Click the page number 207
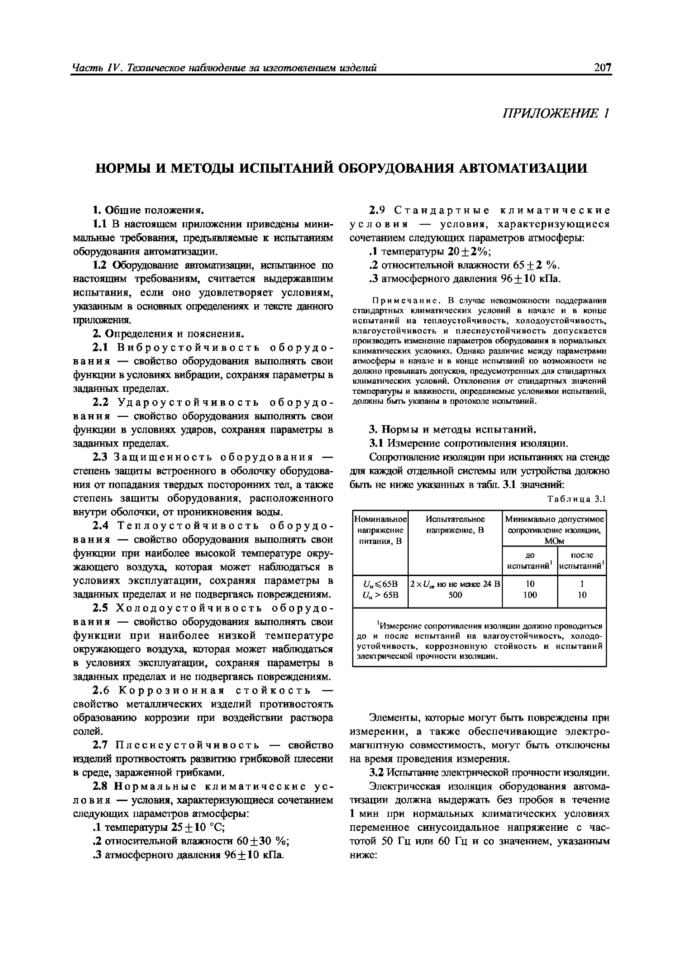tap(602, 67)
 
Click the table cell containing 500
tap(455, 595)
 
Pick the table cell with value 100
tap(530, 595)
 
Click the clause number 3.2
tap(377, 772)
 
